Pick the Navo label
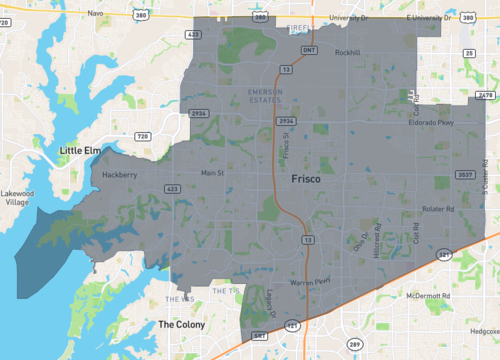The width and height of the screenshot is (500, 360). tap(96, 13)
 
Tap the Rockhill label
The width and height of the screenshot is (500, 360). tap(347, 52)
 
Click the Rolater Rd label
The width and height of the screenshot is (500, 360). tap(438, 209)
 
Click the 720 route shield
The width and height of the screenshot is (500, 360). tap(142, 136)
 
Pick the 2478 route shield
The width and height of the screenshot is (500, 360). tap(485, 95)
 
